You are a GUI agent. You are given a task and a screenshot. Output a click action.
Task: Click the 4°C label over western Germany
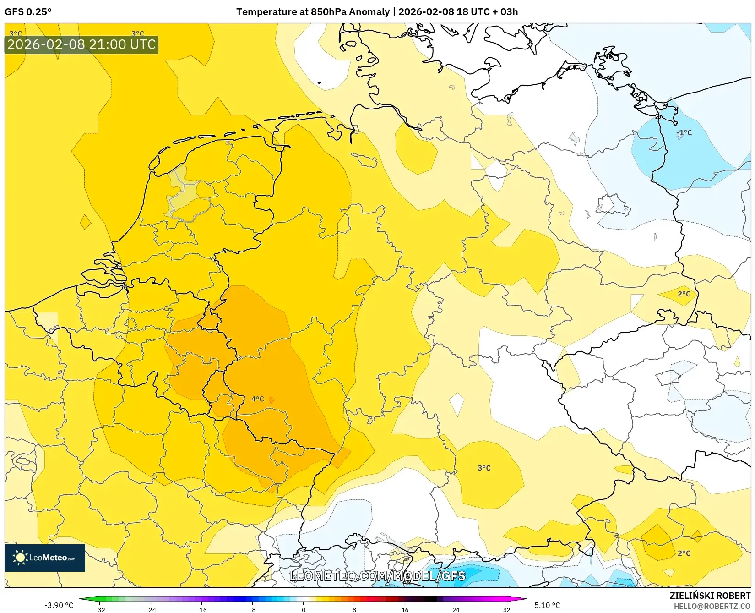click(x=257, y=399)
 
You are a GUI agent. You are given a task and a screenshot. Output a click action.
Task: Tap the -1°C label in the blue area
click(x=684, y=133)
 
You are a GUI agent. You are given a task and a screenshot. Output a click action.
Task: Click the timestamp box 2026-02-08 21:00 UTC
click(x=81, y=44)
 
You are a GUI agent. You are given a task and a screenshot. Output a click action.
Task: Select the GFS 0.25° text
click(x=28, y=12)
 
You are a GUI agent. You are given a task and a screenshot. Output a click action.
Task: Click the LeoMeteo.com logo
click(x=45, y=558)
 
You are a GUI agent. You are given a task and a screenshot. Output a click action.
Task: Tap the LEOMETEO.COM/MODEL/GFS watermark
click(x=378, y=576)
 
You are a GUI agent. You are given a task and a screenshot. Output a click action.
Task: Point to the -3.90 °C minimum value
click(x=59, y=605)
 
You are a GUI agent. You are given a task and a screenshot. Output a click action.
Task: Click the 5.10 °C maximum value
click(x=547, y=605)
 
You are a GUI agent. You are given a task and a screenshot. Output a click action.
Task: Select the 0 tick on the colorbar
click(x=303, y=610)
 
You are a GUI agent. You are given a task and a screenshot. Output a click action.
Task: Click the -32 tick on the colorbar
click(x=100, y=610)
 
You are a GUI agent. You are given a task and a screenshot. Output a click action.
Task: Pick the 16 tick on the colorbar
click(x=405, y=610)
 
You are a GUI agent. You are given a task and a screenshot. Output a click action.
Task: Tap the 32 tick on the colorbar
click(x=506, y=610)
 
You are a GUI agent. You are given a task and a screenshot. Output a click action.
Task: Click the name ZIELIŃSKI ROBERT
click(x=710, y=596)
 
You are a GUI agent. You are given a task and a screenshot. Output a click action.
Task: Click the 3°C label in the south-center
click(x=484, y=468)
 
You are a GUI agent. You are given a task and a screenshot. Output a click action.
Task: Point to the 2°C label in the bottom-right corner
click(x=684, y=553)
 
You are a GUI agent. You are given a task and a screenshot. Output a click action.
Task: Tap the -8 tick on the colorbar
click(x=252, y=610)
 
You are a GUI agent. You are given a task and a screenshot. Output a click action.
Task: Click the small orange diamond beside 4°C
click(x=272, y=400)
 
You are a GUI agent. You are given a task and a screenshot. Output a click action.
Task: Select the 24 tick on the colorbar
click(x=456, y=610)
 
